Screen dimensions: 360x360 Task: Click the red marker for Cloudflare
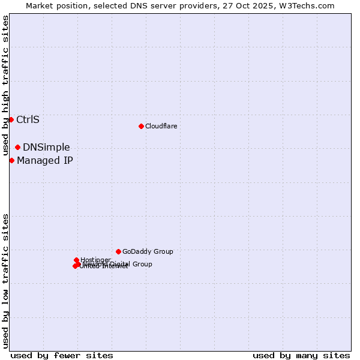point(141,126)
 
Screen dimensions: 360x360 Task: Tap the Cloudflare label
point(161,127)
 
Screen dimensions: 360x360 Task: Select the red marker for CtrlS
point(11,119)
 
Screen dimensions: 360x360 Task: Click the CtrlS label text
point(28,119)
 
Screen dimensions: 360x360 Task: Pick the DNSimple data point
point(17,147)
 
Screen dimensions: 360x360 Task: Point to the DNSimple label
point(46,148)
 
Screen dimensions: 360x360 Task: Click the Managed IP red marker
point(11,160)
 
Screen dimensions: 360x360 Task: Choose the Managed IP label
point(45,161)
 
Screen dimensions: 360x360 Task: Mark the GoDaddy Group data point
point(118,251)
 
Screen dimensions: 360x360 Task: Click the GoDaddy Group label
point(148,252)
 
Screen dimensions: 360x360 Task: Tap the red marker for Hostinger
point(76,260)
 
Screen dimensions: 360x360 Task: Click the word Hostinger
point(95,260)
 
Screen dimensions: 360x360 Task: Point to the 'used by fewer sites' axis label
point(62,356)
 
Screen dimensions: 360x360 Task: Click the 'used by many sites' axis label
point(301,356)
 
